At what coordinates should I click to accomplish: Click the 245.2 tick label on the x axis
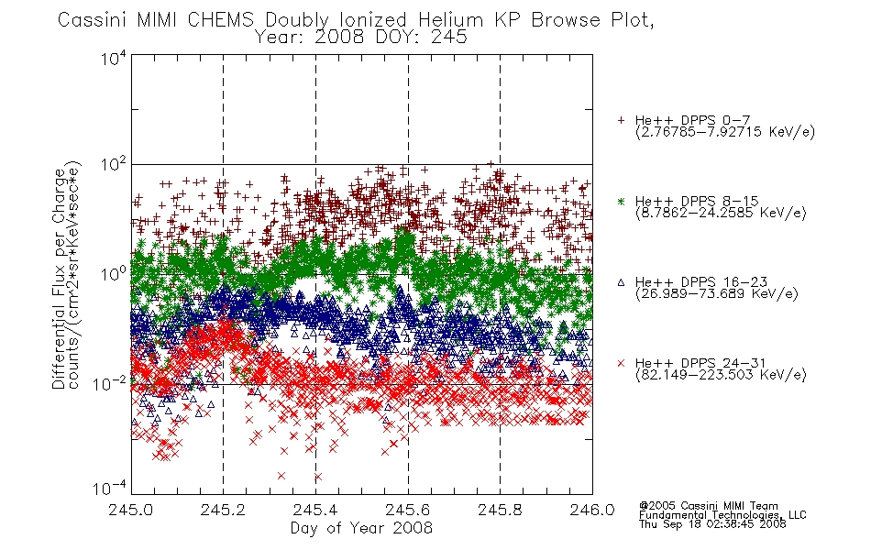(224, 510)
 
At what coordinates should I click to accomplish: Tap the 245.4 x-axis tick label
(315, 510)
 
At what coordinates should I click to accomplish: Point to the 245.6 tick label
(408, 510)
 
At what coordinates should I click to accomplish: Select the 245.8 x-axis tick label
(500, 510)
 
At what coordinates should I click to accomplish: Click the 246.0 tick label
(592, 510)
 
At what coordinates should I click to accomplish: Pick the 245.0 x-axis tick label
(131, 510)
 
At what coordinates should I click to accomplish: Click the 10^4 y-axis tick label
(114, 59)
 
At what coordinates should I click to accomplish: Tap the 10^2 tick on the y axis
(114, 165)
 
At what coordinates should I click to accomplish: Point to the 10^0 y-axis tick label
(114, 275)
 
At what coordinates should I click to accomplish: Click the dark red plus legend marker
(621, 120)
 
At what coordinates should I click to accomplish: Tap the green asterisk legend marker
(621, 201)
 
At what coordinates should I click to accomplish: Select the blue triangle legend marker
(621, 282)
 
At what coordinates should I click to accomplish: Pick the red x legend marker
(621, 363)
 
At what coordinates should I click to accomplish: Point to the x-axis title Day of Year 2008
(361, 528)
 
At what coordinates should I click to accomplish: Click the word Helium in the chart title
(450, 20)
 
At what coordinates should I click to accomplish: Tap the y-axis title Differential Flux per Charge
(59, 276)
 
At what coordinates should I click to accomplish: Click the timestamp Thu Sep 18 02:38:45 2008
(712, 523)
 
